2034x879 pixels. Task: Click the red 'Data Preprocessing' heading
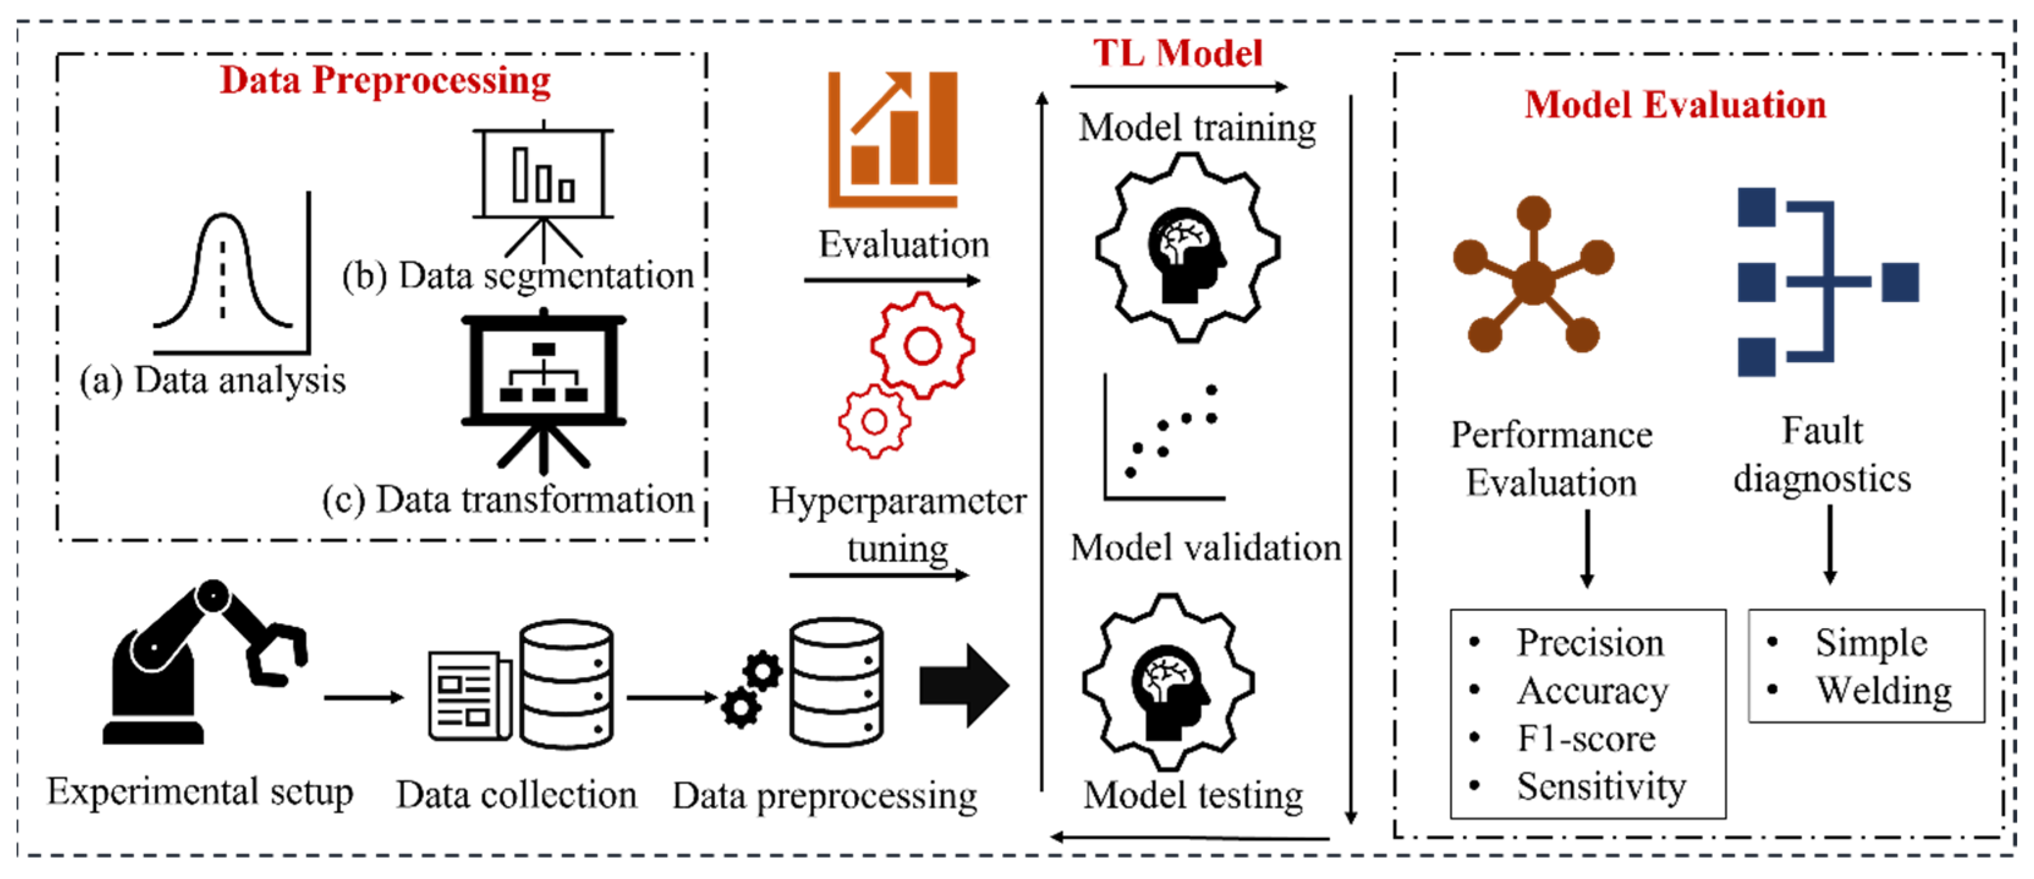pos(385,81)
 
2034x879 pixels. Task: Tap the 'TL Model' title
pos(1177,54)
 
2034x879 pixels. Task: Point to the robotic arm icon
pos(201,664)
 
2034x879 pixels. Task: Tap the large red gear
pos(923,345)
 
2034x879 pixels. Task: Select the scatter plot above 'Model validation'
pos(1165,439)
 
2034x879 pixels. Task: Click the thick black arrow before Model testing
pos(964,684)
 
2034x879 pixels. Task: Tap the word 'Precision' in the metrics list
pos(1590,643)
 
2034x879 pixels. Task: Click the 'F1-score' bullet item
pos(1585,739)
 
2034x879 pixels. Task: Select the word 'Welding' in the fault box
pos(1883,690)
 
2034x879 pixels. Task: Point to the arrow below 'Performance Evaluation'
pos(1587,548)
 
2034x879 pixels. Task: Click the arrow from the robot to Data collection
pos(364,697)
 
